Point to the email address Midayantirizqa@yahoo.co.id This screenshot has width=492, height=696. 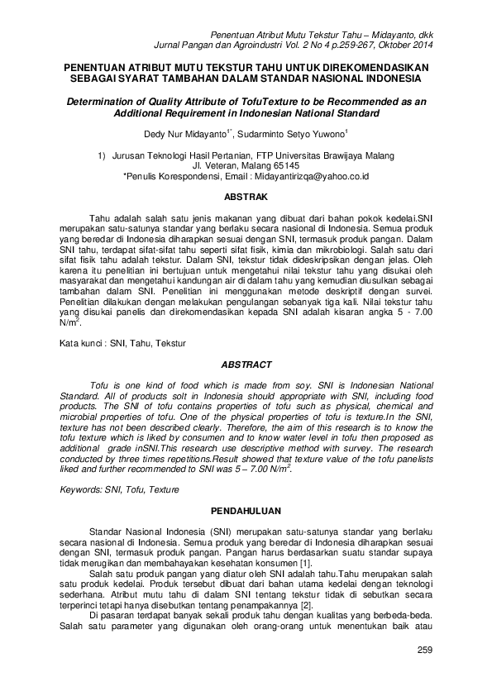322,176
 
